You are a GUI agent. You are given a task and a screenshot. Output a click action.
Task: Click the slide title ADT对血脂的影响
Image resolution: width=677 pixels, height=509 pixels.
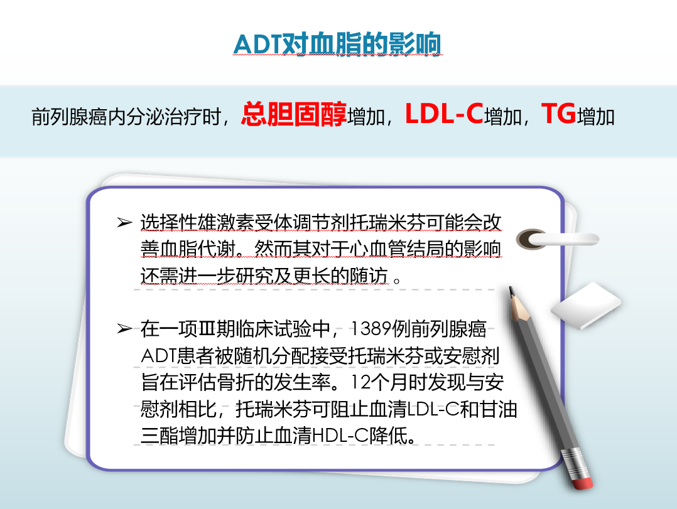click(337, 45)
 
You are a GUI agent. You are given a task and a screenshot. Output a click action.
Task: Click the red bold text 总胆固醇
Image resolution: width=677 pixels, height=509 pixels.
click(293, 115)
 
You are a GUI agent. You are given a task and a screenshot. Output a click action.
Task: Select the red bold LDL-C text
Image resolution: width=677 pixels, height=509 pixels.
click(443, 114)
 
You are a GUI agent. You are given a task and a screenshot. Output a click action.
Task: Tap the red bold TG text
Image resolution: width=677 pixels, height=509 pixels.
click(558, 114)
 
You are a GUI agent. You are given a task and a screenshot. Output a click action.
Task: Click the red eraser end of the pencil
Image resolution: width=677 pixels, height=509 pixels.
click(583, 482)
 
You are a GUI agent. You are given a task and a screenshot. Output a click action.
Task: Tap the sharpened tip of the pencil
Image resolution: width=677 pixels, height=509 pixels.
click(511, 292)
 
